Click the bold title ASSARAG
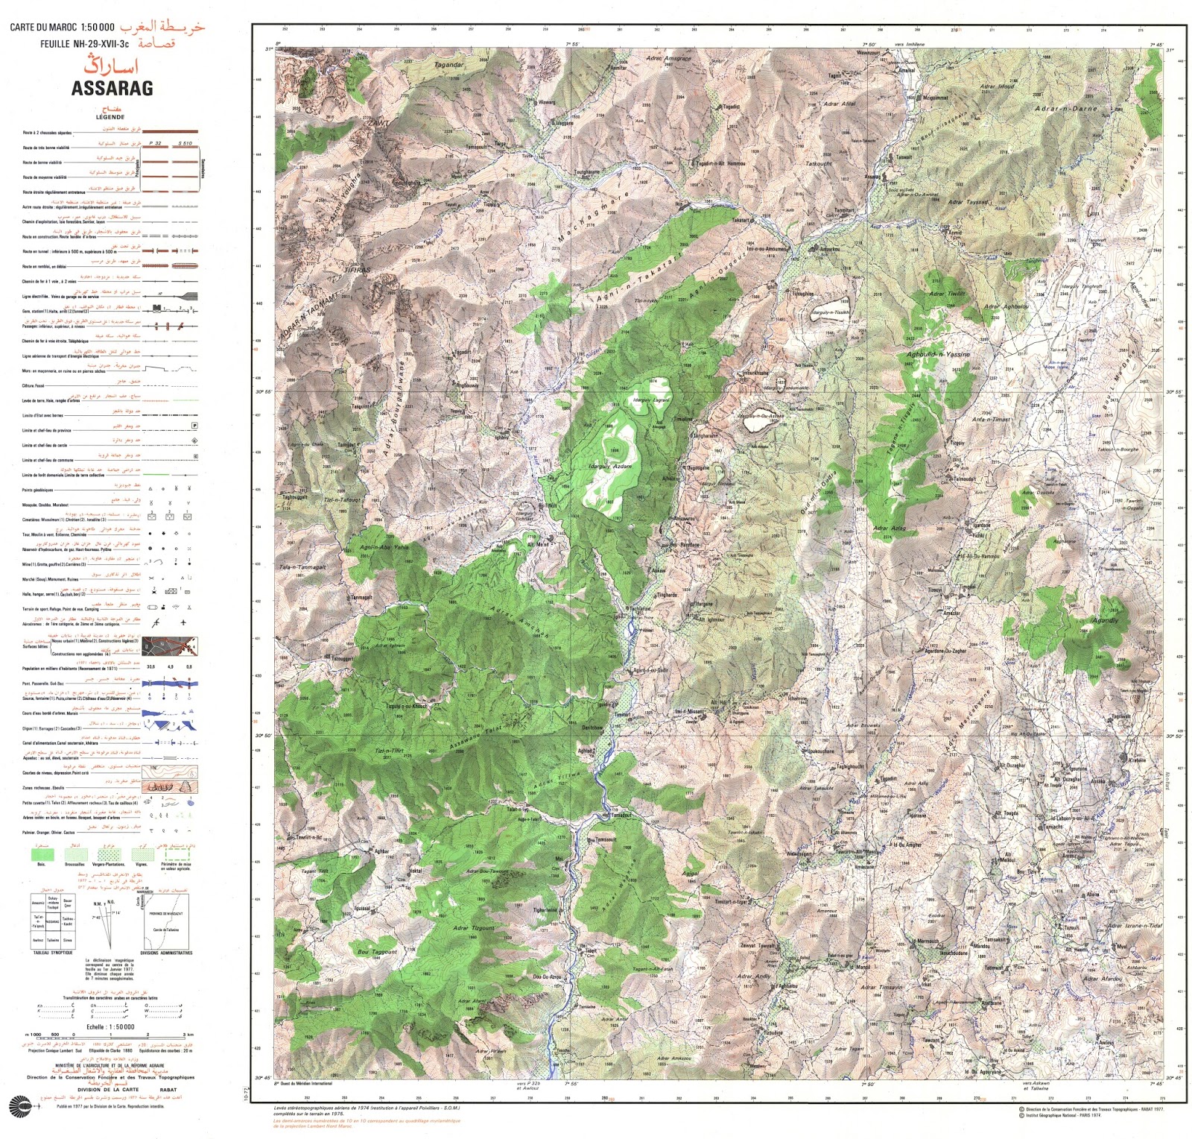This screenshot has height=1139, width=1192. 112,88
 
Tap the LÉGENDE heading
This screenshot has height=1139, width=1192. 110,117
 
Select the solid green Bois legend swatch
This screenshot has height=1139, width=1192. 41,854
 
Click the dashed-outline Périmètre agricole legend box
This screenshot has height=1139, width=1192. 176,854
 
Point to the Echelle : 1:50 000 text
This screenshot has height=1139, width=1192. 110,1026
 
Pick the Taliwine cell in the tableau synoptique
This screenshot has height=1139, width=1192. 52,940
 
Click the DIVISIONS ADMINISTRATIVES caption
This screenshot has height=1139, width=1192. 165,953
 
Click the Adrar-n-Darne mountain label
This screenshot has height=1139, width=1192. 1065,109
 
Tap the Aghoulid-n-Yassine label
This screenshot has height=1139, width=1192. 938,355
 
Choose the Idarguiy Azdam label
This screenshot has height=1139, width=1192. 610,467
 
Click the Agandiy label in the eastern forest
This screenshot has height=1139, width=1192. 1104,620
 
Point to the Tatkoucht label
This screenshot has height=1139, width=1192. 818,164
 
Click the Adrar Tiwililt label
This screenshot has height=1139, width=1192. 946,294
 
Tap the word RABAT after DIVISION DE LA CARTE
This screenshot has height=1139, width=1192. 168,1090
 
